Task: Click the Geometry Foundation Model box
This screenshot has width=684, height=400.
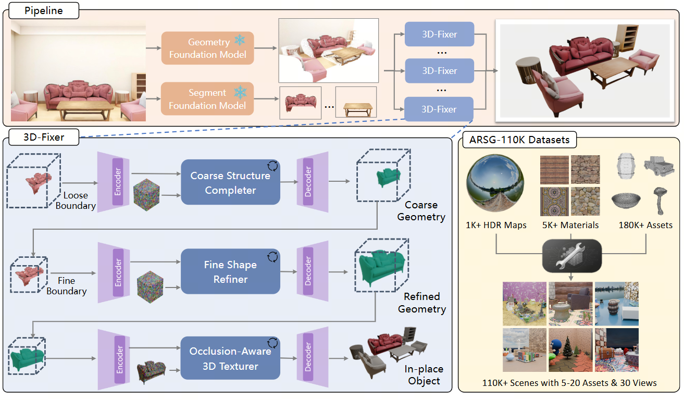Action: pyautogui.click(x=207, y=48)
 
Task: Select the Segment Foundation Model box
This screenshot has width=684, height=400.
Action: pyautogui.click(x=207, y=99)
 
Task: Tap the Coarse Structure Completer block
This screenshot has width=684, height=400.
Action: pyautogui.click(x=230, y=183)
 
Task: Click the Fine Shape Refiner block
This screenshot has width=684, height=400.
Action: pyautogui.click(x=230, y=272)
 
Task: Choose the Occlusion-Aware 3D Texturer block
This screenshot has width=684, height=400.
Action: pyautogui.click(x=230, y=359)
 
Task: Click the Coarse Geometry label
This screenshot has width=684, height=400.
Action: pyautogui.click(x=421, y=210)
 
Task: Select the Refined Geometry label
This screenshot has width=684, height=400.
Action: pyautogui.click(x=421, y=303)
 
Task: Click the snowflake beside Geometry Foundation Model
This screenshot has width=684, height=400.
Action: pyautogui.click(x=240, y=41)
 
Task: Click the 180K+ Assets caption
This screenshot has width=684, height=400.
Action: pyautogui.click(x=645, y=226)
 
